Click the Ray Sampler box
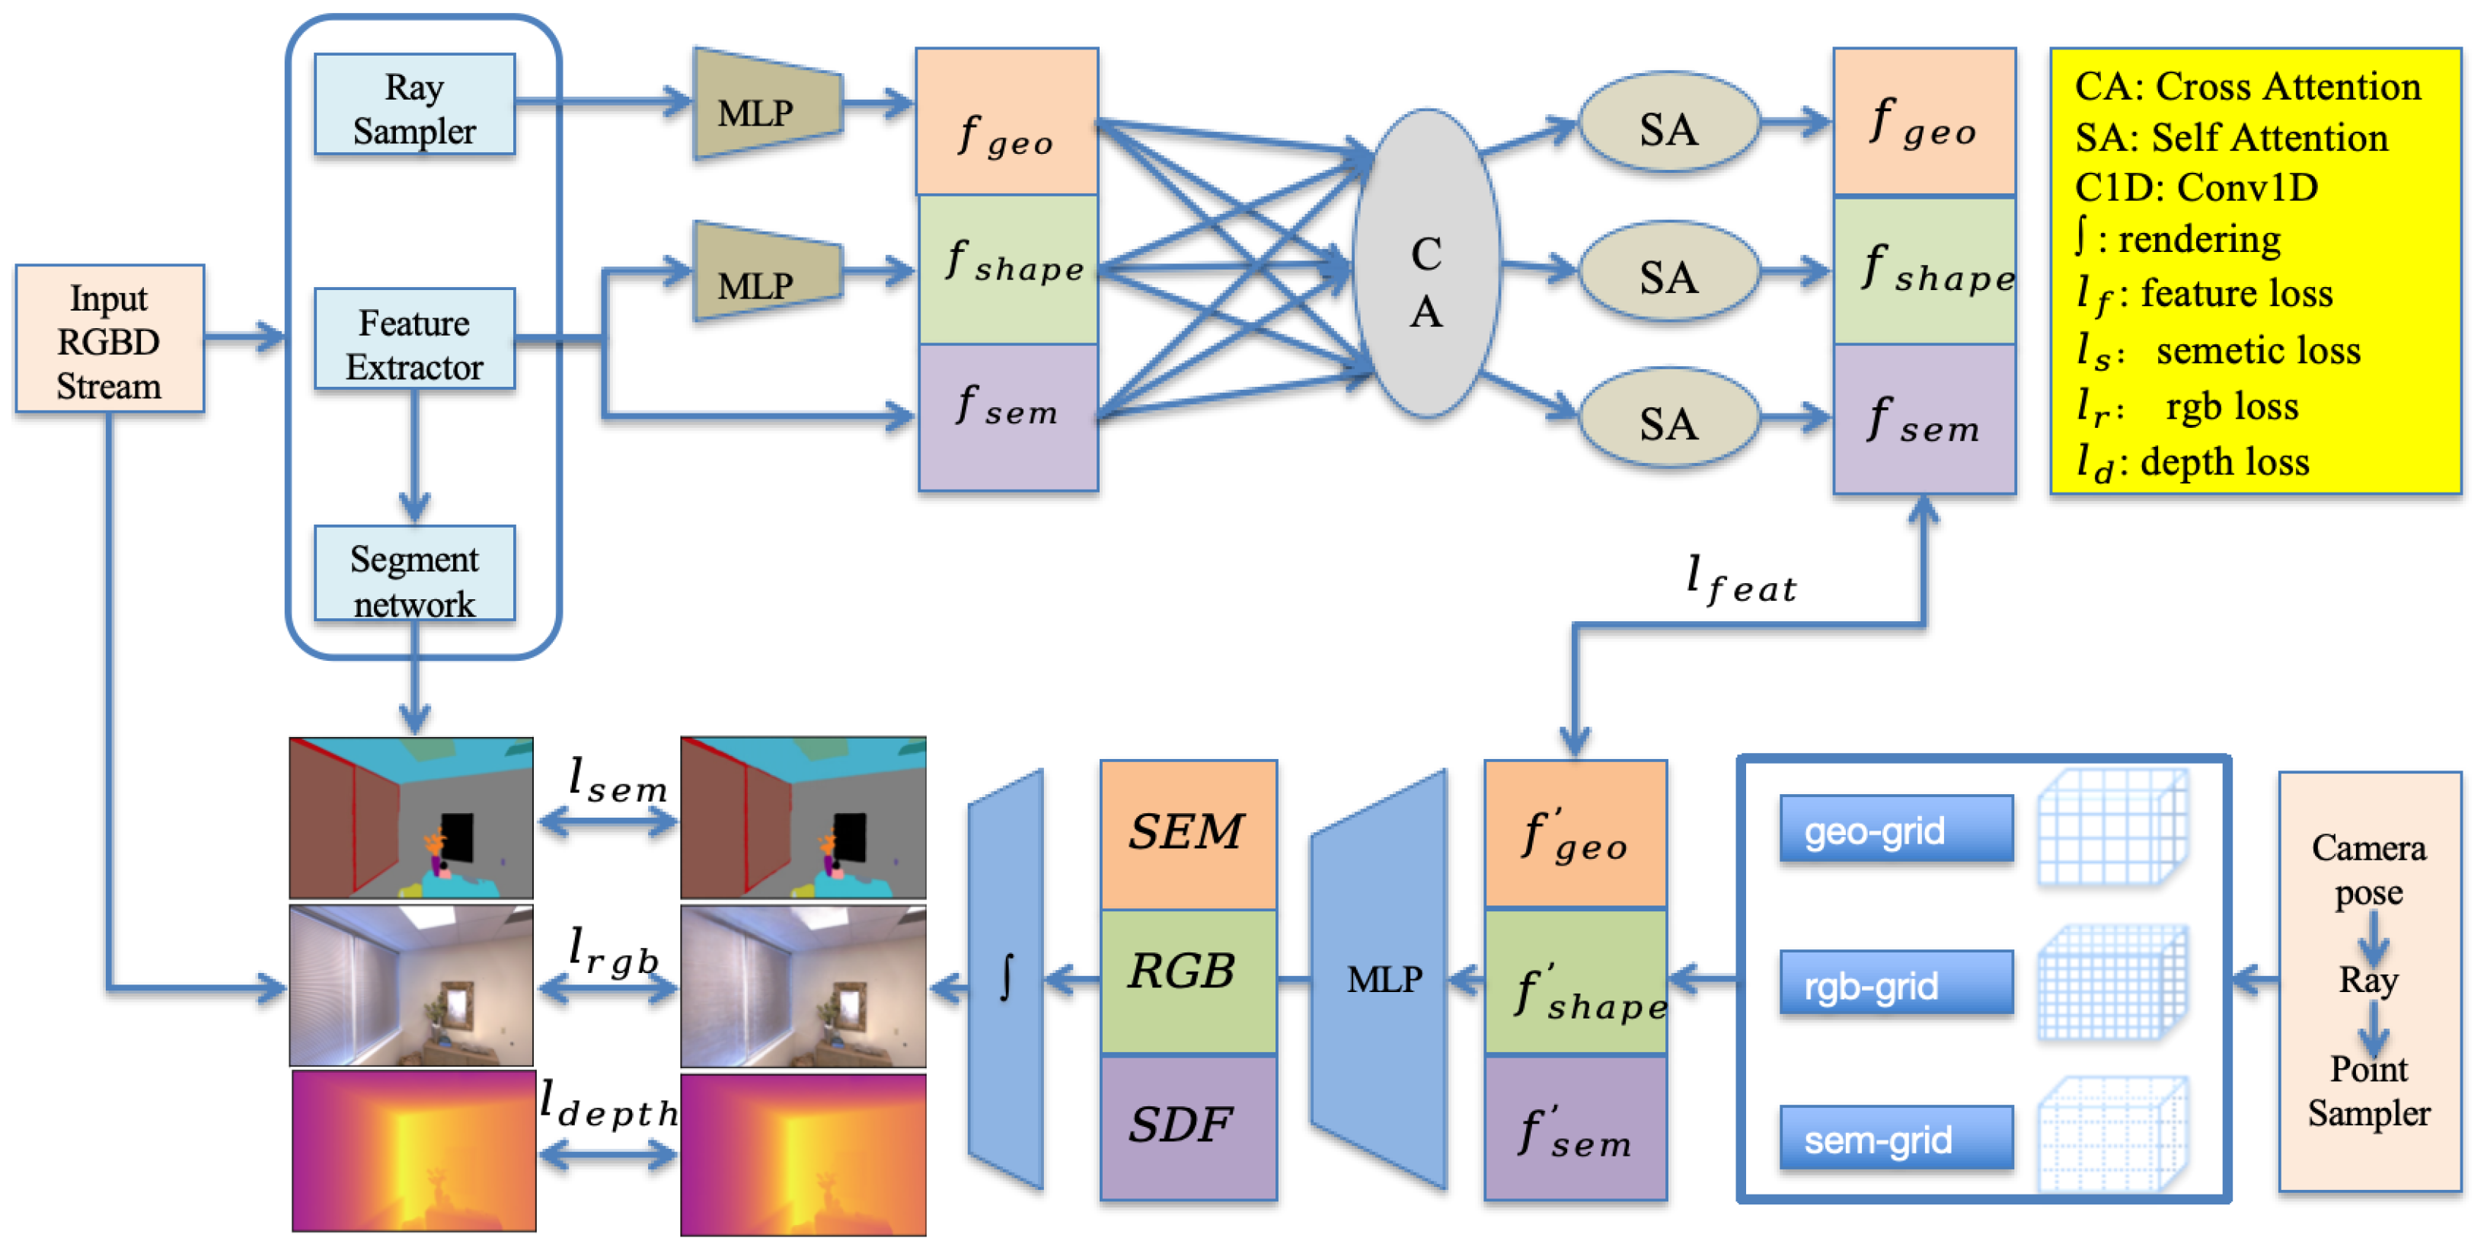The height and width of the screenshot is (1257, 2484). coord(415,106)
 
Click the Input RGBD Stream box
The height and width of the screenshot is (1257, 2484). coord(109,340)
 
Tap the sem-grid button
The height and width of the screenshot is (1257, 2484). coord(1896,1141)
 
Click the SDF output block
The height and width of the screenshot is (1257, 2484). coord(1187,1126)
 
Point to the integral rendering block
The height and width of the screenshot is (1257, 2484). coord(1007,978)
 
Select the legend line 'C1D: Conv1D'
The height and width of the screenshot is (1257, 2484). coord(2195,188)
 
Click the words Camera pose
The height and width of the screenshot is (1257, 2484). coord(2368,869)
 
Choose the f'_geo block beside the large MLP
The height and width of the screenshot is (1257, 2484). coord(1575,834)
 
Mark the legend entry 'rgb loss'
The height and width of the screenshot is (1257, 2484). coord(2231,407)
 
